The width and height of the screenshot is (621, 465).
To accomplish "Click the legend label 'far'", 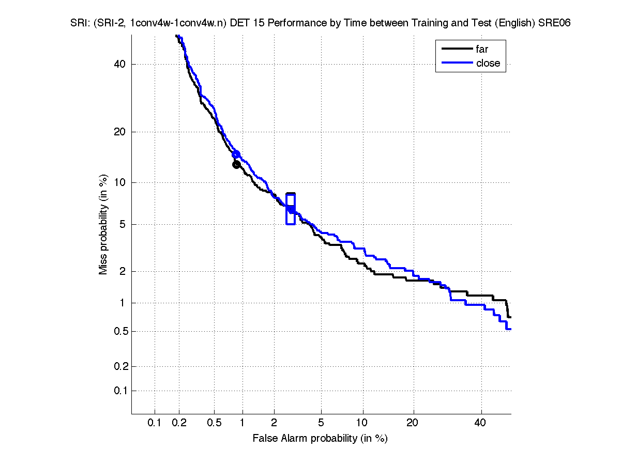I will coord(482,50).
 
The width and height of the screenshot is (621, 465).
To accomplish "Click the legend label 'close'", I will coord(488,63).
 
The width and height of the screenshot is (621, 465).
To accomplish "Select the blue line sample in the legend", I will coord(457,63).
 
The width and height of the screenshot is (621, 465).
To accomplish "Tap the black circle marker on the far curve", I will coord(236,165).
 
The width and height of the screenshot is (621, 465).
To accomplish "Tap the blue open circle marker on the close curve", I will coord(236,154).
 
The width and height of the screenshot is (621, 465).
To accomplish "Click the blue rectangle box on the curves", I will coord(291,209).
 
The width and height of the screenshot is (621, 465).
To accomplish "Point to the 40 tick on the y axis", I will coord(120,64).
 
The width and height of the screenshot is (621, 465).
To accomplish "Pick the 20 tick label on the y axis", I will coord(120,132).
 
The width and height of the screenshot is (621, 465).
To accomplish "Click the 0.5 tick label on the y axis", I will coord(118,332).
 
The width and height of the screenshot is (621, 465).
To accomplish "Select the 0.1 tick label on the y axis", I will coord(118,391).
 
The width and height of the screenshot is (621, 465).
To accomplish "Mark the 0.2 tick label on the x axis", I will coord(179,423).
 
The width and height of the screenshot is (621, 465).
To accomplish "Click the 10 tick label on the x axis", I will coord(363,423).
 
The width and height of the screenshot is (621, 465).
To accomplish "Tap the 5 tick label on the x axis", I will coord(321,423).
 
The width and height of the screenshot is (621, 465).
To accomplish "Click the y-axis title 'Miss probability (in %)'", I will coord(104,224).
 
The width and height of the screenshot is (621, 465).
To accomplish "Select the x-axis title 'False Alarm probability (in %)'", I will coord(320,439).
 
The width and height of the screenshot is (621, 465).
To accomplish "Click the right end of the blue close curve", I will coord(510,329).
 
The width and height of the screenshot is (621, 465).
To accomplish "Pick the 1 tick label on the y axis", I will coord(122,303).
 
